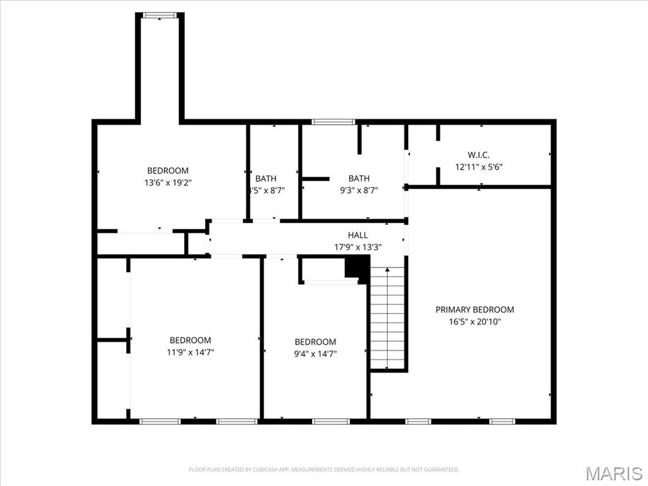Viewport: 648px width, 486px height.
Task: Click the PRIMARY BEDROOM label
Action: click(x=475, y=309)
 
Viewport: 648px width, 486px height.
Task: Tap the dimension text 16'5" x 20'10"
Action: click(x=475, y=321)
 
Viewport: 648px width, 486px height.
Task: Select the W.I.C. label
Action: click(x=478, y=155)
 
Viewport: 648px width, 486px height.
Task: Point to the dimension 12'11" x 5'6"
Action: click(x=478, y=167)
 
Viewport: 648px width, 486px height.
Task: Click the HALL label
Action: click(x=358, y=235)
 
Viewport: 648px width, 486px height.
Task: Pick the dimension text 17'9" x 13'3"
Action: click(x=358, y=247)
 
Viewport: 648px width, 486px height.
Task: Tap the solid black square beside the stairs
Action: click(x=357, y=267)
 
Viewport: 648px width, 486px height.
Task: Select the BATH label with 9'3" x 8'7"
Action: click(x=359, y=178)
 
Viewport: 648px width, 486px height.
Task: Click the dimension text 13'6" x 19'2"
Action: click(x=168, y=182)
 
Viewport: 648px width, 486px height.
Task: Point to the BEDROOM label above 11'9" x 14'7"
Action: click(x=190, y=340)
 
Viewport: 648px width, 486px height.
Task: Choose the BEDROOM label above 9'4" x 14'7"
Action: click(x=315, y=342)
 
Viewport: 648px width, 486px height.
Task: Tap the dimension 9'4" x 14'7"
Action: click(x=315, y=354)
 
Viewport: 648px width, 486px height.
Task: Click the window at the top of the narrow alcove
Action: click(x=159, y=15)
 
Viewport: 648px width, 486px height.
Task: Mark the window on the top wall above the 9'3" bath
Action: click(x=333, y=121)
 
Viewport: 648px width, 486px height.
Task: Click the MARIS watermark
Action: click(x=614, y=473)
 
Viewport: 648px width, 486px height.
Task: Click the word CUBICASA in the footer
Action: click(x=258, y=470)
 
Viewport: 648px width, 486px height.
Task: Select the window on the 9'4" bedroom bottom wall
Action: click(x=330, y=421)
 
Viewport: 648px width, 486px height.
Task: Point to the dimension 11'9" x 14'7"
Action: click(x=190, y=352)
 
